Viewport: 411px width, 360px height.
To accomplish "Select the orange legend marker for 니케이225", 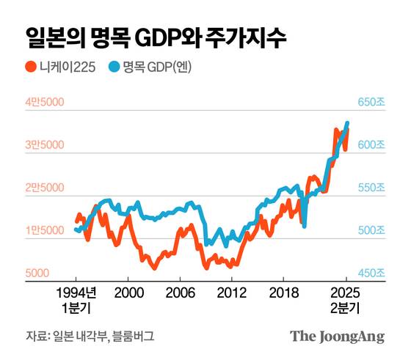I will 31,67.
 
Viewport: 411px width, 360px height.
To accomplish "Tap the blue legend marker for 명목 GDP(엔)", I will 114,67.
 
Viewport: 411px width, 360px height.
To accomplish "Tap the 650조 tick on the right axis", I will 371,102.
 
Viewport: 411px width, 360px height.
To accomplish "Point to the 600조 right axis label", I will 371,145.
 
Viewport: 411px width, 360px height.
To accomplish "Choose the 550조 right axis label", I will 371,188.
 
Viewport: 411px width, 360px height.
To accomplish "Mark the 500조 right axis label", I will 371,230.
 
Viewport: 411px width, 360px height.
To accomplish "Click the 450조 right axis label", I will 371,273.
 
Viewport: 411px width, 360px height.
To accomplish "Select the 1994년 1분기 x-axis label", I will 76,298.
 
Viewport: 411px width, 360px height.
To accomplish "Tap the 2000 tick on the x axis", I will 128,291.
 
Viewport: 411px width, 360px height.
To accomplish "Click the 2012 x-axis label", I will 230,291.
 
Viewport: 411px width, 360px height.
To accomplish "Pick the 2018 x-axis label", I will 282,291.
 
